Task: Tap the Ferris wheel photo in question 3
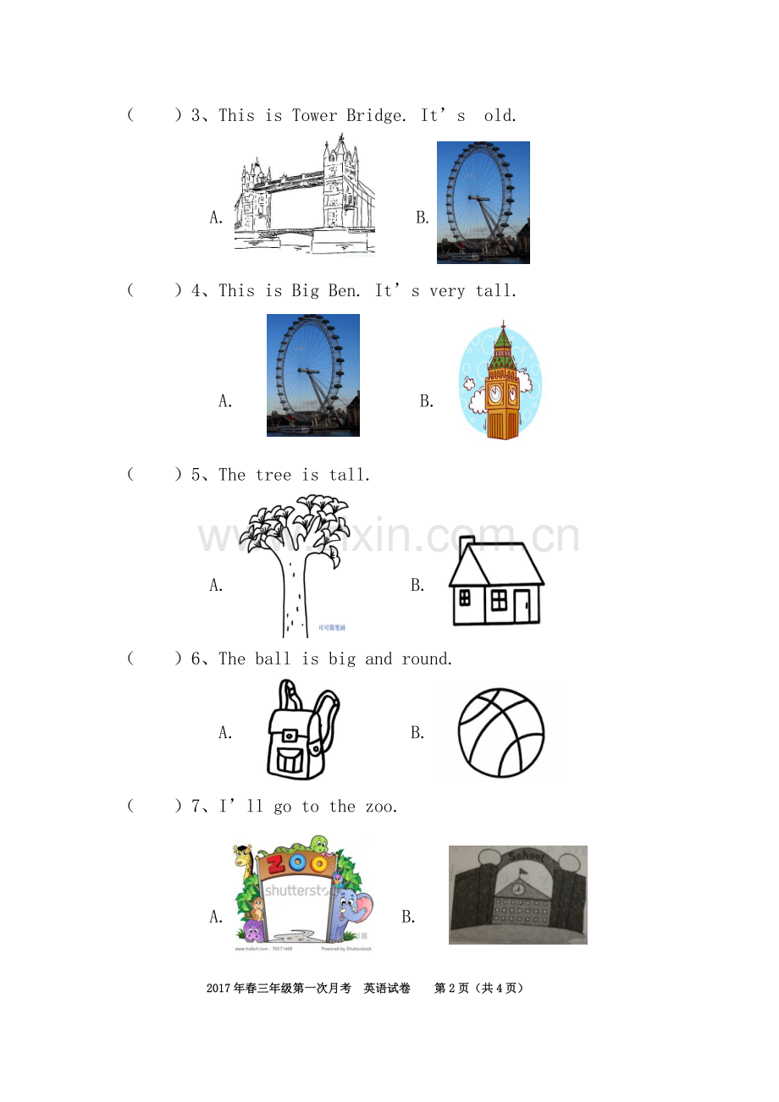[x=483, y=202]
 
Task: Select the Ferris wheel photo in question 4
[x=313, y=375]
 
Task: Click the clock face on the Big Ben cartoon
[x=495, y=393]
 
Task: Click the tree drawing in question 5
[x=295, y=565]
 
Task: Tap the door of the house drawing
[x=522, y=606]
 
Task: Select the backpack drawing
[x=302, y=729]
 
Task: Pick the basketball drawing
[x=501, y=732]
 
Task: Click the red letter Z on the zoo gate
[x=277, y=864]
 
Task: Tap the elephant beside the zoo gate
[x=350, y=915]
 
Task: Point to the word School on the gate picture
[x=527, y=857]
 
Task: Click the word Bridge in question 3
[x=376, y=116]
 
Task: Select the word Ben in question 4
[x=344, y=291]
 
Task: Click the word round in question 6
[x=426, y=658]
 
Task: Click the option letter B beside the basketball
[x=417, y=732]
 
